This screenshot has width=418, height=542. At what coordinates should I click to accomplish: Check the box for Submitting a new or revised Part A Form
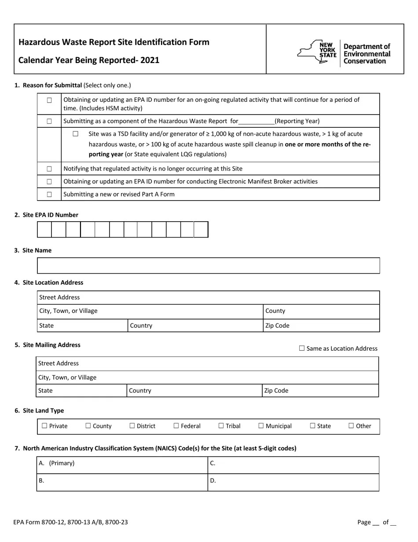[x=49, y=194]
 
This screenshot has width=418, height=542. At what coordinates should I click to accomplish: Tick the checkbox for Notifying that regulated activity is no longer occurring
[x=49, y=169]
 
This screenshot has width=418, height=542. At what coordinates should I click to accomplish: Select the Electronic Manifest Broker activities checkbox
[x=49, y=182]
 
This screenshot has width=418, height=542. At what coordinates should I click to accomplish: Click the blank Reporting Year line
[x=256, y=122]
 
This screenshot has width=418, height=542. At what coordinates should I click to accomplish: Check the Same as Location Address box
[x=302, y=348]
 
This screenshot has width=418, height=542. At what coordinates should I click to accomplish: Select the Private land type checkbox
[x=44, y=426]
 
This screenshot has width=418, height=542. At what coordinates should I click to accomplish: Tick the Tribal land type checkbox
[x=221, y=426]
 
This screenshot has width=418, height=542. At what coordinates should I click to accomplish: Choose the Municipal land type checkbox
[x=261, y=426]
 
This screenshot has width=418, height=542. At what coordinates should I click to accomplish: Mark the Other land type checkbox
[x=351, y=426]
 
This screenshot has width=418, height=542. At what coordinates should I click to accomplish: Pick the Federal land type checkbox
[x=176, y=426]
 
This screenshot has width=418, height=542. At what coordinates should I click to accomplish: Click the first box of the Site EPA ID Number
[x=44, y=230]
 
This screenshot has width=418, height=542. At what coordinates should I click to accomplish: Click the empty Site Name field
[x=208, y=266]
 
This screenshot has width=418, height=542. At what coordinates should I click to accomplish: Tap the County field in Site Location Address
[x=321, y=311]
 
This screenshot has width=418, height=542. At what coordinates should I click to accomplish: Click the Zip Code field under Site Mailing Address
[x=320, y=390]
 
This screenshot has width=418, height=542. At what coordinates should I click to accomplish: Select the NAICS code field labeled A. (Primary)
[x=122, y=465]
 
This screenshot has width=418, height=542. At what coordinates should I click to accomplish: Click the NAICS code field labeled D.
[x=293, y=482]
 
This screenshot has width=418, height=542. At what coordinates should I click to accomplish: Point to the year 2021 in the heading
[x=150, y=60]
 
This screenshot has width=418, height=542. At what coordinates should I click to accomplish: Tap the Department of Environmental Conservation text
[x=367, y=54]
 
